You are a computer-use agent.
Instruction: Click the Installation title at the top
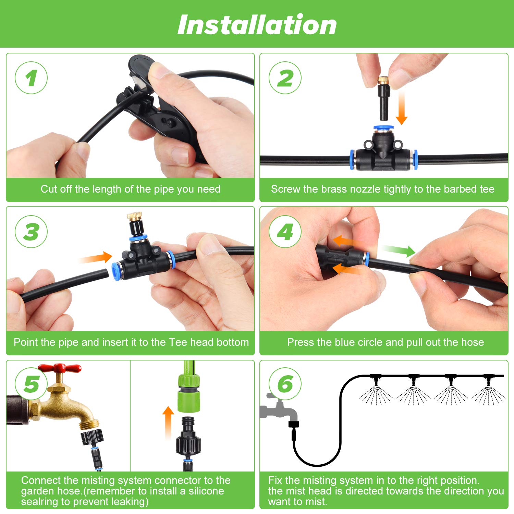pos(257,25)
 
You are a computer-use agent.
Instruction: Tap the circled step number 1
pos(31,78)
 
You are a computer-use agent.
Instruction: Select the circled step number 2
pos(285,78)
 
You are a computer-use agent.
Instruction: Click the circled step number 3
pos(31,232)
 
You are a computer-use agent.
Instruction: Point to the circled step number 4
pos(285,232)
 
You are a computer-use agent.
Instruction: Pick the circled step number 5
pos(31,384)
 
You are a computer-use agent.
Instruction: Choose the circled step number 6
pos(285,384)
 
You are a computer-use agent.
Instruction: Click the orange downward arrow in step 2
pos(402,107)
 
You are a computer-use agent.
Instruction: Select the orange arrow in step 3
pos(96,258)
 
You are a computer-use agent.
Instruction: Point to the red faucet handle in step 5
pos(60,368)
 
